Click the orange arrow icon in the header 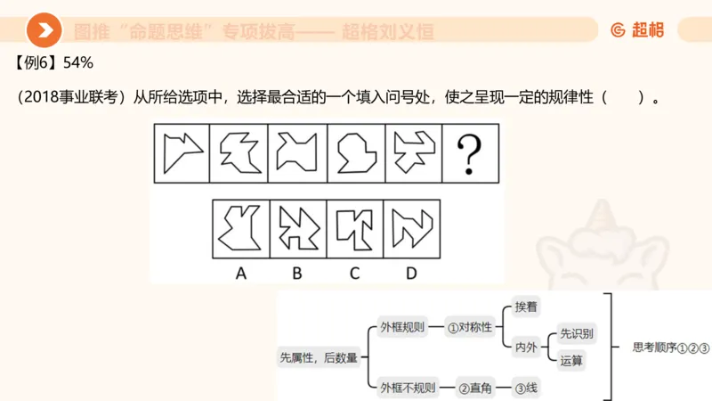tap(44, 31)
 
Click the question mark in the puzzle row tap(469, 153)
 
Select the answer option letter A tap(240, 274)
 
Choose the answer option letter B tap(297, 274)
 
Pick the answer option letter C tap(354, 274)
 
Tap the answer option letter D tap(411, 274)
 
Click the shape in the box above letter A tap(240, 228)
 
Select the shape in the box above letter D tap(411, 228)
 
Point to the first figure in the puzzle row tap(183, 153)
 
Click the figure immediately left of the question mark tap(412, 153)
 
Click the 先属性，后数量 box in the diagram tap(318, 357)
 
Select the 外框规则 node tap(401, 327)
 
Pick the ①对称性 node tap(469, 327)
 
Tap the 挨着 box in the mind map tap(526, 307)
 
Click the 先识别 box tap(577, 334)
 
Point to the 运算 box tap(571, 361)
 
